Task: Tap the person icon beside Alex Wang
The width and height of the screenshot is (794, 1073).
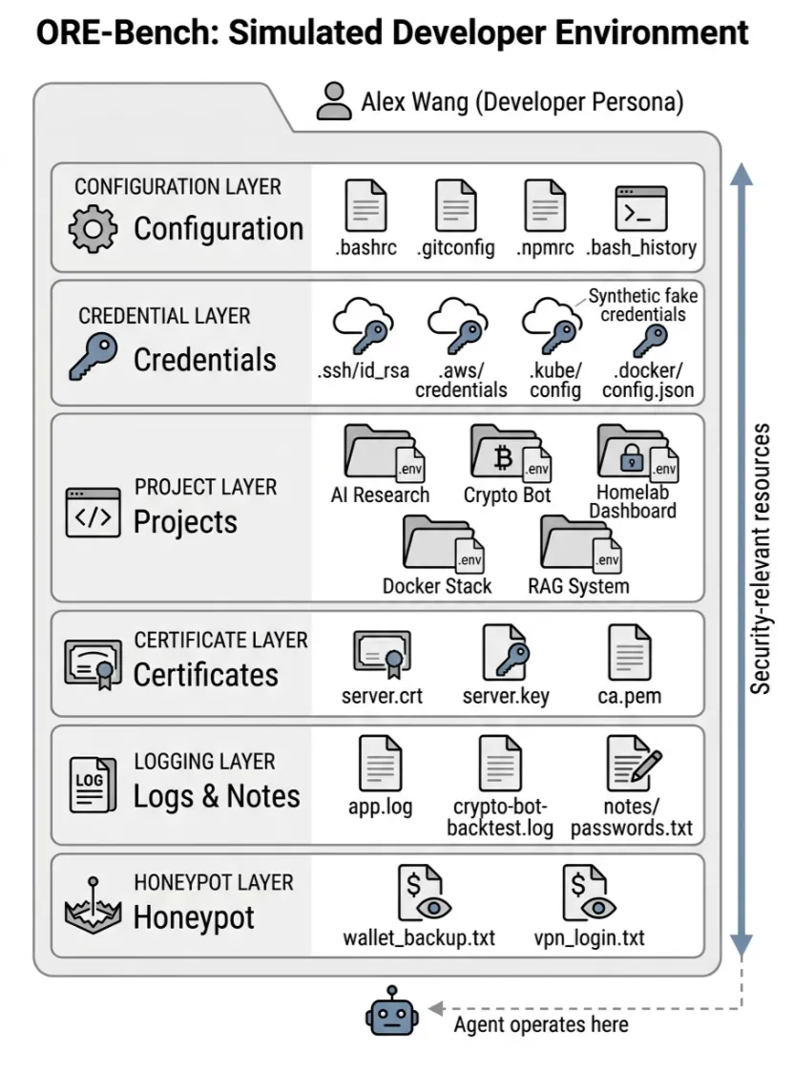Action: (x=334, y=101)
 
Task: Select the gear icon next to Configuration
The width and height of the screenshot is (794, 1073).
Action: (x=94, y=229)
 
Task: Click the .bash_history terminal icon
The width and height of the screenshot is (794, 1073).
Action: (x=640, y=208)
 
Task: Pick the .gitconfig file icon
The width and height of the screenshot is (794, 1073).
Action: (x=455, y=207)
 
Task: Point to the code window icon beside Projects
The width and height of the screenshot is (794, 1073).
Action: (x=93, y=515)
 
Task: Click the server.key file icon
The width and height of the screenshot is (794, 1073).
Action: (x=505, y=654)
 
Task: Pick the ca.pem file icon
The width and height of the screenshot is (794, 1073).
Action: (x=630, y=654)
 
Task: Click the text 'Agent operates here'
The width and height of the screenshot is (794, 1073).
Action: (x=540, y=1024)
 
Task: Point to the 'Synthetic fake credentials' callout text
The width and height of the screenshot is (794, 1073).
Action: (x=642, y=305)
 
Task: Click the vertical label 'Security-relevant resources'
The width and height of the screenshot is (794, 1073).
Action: (x=760, y=558)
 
